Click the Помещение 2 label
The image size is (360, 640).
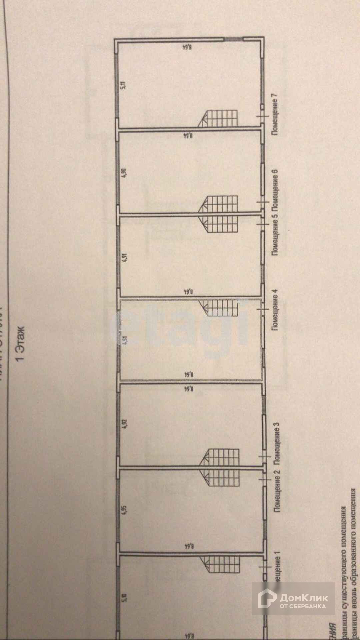coord(276,490)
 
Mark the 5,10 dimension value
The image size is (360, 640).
coord(125,599)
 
